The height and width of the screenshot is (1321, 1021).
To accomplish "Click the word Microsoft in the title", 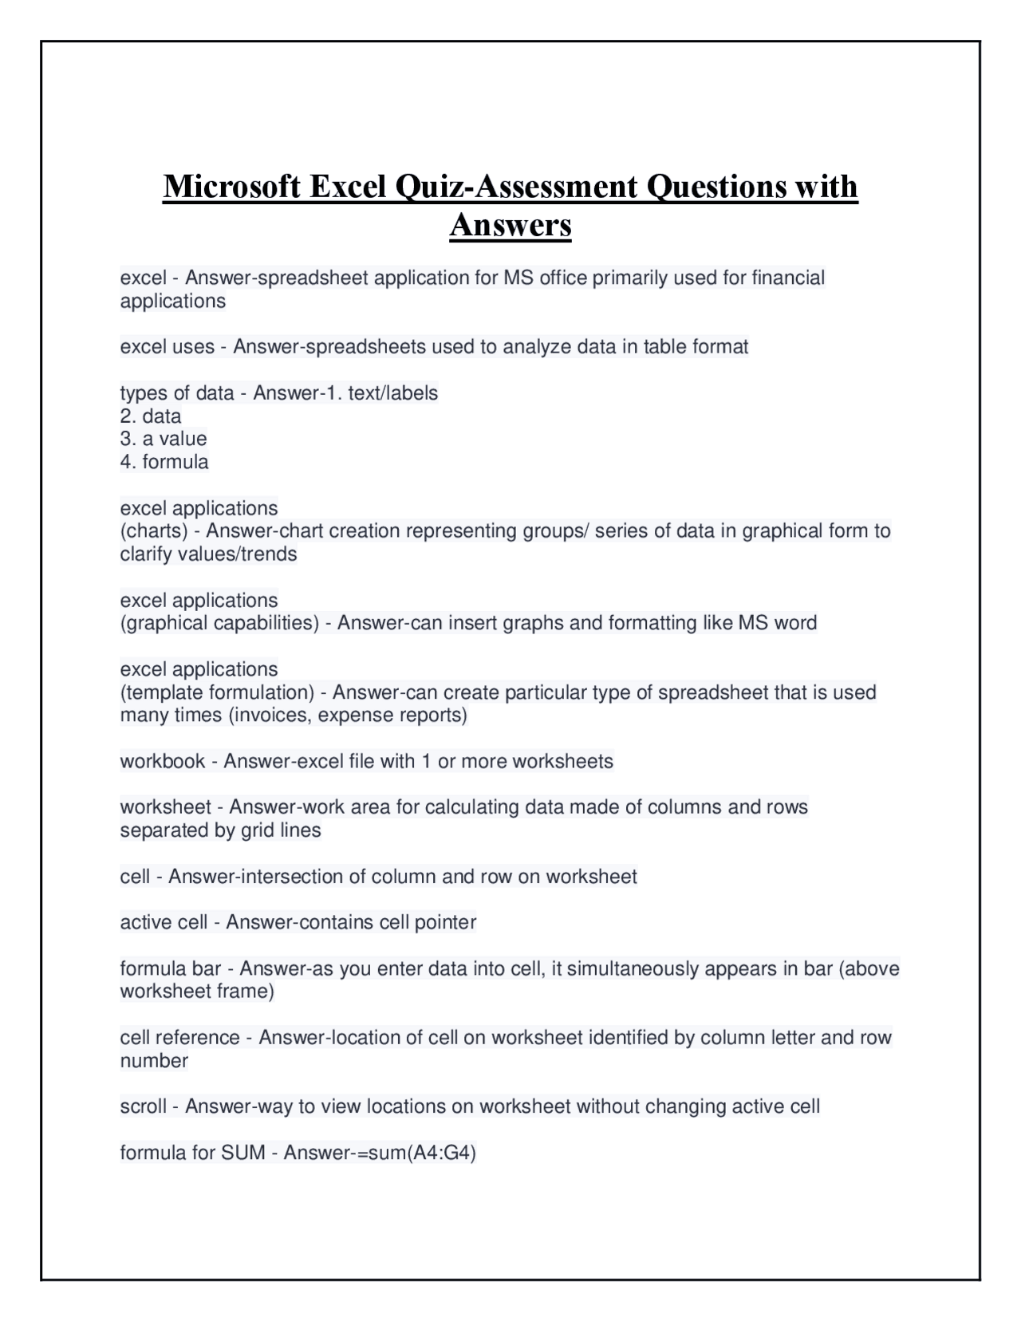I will (x=232, y=187).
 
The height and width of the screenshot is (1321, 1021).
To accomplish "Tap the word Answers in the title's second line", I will (x=510, y=225).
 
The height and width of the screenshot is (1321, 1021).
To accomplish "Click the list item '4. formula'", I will (x=164, y=462).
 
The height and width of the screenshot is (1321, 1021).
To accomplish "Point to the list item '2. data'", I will (x=151, y=416).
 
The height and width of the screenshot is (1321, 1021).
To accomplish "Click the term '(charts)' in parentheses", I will (x=154, y=530).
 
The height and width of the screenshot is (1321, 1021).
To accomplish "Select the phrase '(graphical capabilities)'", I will (x=219, y=622).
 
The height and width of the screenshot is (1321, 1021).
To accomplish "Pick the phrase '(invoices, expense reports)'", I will (x=348, y=715).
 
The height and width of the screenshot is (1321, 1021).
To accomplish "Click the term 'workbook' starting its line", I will (x=163, y=761).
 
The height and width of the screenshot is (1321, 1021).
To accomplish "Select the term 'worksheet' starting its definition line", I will (x=166, y=807).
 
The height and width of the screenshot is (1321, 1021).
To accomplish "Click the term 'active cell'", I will (x=164, y=922).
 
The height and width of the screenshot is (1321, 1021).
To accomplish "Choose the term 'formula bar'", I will (x=170, y=968).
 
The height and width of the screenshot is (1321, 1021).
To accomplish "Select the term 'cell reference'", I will (x=179, y=1037).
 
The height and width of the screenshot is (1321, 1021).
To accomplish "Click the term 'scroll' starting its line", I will (x=144, y=1106).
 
